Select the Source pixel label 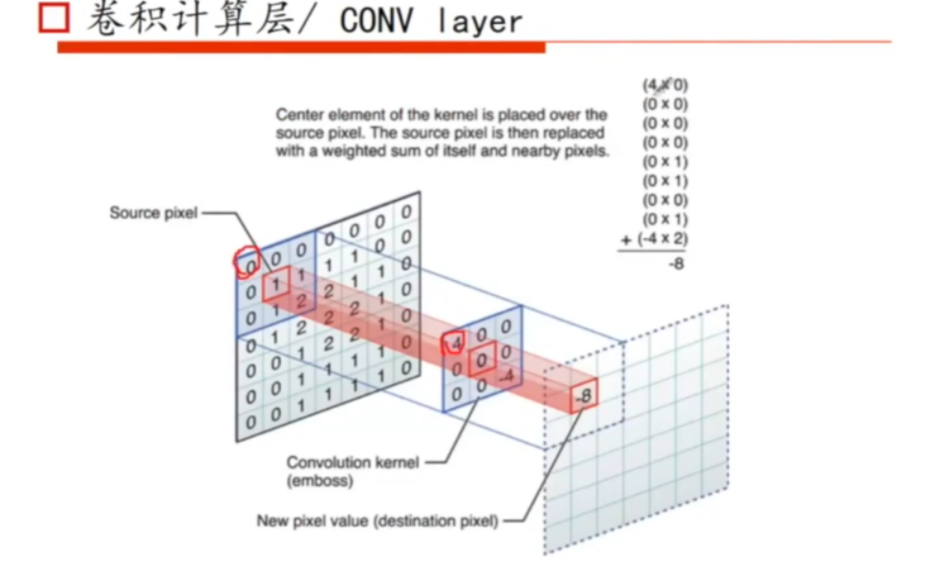153,212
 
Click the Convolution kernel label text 353,463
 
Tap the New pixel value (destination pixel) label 377,521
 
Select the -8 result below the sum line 676,264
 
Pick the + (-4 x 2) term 655,238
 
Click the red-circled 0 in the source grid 248,263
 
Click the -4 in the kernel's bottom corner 508,376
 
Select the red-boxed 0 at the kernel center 483,359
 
